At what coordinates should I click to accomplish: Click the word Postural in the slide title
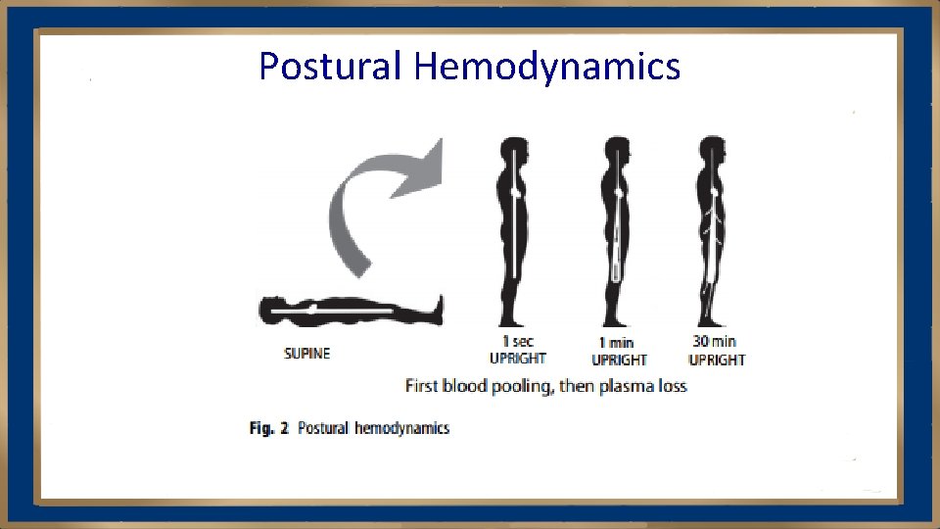coord(330,67)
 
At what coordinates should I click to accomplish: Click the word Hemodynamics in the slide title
coord(546,67)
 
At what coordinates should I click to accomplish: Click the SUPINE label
coord(306,354)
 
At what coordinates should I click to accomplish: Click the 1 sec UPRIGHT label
coord(517,351)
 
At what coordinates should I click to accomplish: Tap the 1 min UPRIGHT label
coord(618,352)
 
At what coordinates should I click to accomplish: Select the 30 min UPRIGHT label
coord(716,351)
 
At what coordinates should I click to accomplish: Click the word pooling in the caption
coord(525,386)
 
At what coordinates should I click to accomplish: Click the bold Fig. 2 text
coord(268,428)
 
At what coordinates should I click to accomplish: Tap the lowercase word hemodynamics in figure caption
coord(401,428)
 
